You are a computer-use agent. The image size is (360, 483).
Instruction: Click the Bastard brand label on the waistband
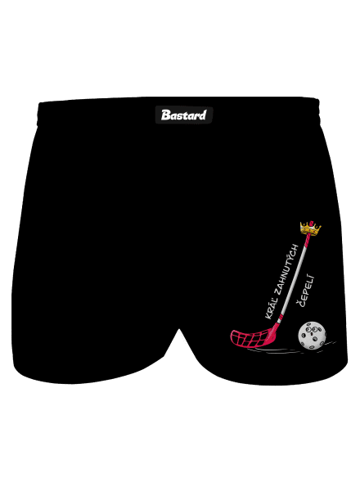point(184,115)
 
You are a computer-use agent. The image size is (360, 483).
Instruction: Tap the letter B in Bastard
point(165,115)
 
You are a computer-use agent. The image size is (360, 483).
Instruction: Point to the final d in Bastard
point(202,115)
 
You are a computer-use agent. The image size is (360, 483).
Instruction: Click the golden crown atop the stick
point(310,228)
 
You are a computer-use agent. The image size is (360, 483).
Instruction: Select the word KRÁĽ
point(270,309)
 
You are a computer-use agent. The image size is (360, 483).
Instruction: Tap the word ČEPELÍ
point(305,291)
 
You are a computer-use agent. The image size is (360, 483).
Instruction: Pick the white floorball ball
point(312,336)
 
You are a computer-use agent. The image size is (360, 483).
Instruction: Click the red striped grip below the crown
point(306,241)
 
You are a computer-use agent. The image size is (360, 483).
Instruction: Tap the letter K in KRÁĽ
point(268,316)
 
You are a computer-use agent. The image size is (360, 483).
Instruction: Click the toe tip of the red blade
point(232,335)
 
